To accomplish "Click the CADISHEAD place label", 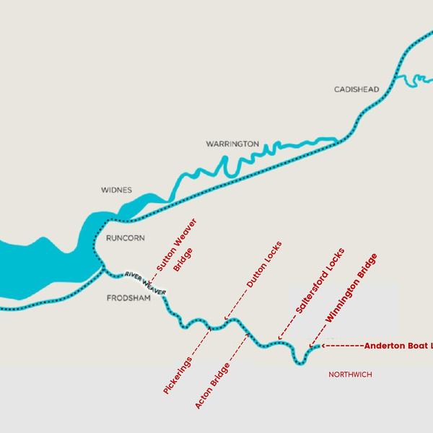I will coord(356,89).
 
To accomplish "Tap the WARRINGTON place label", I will coord(232,144).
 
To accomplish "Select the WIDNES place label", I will coord(116,191).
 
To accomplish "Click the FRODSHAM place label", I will coord(128,298).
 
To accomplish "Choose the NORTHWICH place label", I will coord(351,375).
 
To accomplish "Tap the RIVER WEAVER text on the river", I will coord(145,282).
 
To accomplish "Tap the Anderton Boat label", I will coord(398,346).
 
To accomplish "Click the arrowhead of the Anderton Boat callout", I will coord(323,346).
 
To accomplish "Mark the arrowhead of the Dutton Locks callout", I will coord(224,318).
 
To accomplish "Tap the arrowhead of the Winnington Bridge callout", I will coord(310,346).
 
